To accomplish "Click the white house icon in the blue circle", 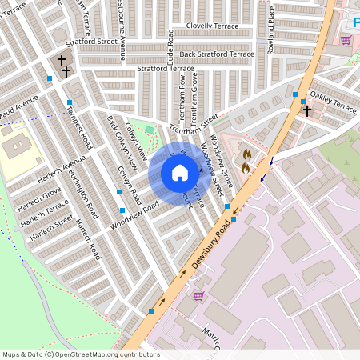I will (x=179, y=173).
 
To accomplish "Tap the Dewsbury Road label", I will (x=210, y=246).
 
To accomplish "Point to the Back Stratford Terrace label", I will (x=217, y=54).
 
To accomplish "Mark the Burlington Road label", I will (x=83, y=195).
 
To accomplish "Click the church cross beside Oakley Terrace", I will (x=306, y=110).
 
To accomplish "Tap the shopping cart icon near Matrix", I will (x=198, y=296).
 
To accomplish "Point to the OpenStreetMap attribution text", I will (x=80, y=354).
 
